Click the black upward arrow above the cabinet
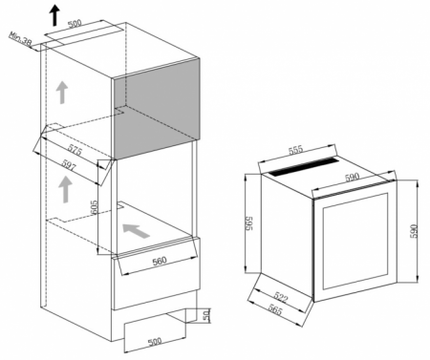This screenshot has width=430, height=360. tap(55, 15)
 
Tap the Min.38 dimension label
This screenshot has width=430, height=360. tap(20, 39)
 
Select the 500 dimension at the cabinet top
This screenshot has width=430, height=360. tap(75, 24)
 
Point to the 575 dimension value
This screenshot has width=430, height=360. tap(75, 150)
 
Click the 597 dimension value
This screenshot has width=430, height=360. tap(69, 165)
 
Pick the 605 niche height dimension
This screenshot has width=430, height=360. tap(94, 207)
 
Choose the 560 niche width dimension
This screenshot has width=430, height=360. tap(160, 261)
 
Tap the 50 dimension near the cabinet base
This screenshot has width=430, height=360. tap(206, 315)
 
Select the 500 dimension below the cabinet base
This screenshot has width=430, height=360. tap(155, 341)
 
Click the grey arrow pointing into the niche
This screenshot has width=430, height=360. tap(136, 230)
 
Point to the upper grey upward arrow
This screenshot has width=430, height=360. tap(62, 93)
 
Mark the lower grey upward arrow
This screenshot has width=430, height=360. tap(65, 189)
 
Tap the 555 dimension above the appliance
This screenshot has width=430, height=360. tap(296, 150)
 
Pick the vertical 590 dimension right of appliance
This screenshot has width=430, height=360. tap(413, 231)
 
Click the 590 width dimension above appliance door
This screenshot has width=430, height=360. tap(352, 178)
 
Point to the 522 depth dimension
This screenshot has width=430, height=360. tap(280, 297)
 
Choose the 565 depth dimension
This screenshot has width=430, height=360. tap(275, 309)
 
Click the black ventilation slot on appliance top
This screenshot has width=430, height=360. tap(304, 166)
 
